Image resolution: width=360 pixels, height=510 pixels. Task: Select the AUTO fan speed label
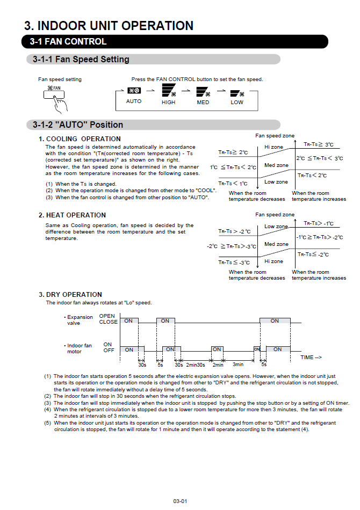click(134, 101)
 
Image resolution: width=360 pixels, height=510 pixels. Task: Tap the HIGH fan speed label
click(168, 102)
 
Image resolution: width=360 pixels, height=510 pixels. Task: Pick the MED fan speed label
click(203, 102)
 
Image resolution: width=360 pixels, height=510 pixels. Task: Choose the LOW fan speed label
click(237, 102)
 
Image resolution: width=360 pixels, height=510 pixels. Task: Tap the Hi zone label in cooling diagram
click(273, 147)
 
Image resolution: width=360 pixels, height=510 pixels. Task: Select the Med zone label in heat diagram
click(276, 244)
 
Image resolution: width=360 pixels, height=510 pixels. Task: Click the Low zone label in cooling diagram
click(276, 182)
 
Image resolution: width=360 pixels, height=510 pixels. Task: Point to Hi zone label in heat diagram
click(273, 261)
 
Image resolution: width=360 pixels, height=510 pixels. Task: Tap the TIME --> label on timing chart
click(311, 358)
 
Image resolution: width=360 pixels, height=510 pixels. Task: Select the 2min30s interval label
click(196, 365)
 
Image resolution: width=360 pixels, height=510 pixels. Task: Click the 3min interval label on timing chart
click(237, 365)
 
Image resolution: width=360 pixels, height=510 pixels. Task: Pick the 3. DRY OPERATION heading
click(70, 295)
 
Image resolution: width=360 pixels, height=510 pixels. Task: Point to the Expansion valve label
click(79, 320)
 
